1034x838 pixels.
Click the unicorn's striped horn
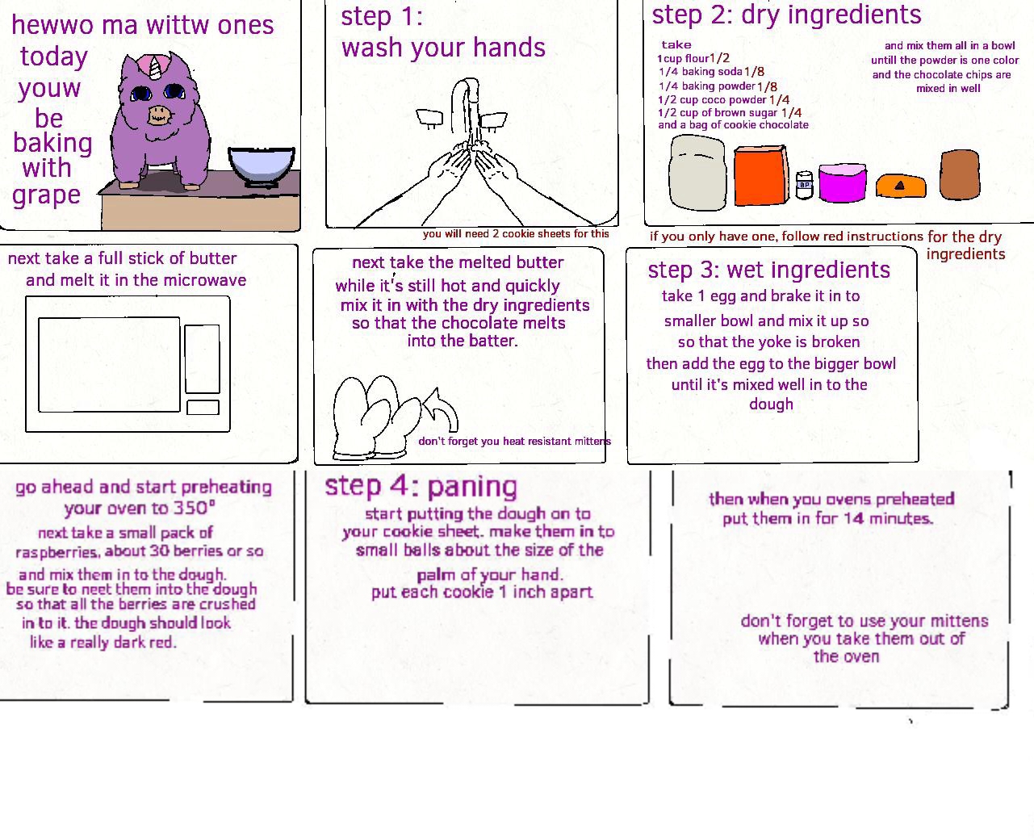tap(155, 68)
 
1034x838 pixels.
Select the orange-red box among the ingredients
tap(760, 175)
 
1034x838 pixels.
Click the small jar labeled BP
tap(805, 185)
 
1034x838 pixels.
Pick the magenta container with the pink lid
tap(842, 182)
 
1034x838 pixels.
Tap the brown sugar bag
tap(959, 174)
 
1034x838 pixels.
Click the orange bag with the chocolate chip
tap(901, 186)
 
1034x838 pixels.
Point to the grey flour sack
tap(697, 173)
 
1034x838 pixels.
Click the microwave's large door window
tap(109, 365)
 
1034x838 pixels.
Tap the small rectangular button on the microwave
tap(203, 407)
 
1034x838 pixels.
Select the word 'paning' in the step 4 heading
tap(472, 487)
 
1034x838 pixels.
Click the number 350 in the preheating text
tap(190, 508)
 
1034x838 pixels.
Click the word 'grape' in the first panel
tap(46, 195)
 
